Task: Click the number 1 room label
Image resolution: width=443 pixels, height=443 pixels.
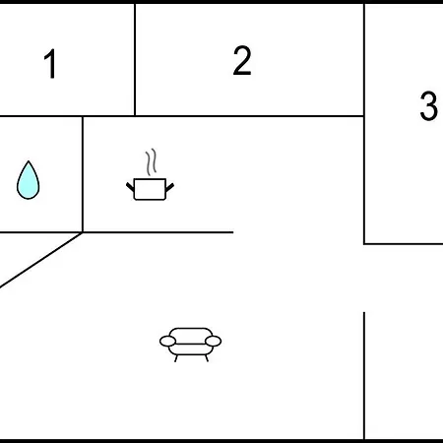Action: click(50, 64)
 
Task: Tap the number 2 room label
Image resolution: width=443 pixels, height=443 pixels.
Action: click(242, 60)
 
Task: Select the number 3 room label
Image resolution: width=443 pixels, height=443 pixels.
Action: click(429, 105)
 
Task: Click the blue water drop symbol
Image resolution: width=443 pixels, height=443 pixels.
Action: click(29, 180)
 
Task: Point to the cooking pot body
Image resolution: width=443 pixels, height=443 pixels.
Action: click(150, 189)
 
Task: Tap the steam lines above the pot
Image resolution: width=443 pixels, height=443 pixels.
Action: click(151, 161)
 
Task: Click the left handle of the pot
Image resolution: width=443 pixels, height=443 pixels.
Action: click(130, 187)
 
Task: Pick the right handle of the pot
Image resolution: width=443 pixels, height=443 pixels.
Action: click(169, 188)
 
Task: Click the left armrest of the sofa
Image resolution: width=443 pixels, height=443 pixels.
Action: click(167, 342)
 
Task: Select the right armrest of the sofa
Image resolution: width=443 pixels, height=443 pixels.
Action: click(214, 342)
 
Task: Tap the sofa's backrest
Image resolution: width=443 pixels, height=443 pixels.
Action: click(191, 336)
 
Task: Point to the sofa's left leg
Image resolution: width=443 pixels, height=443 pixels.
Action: click(176, 358)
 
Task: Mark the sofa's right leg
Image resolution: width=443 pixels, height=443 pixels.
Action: click(207, 358)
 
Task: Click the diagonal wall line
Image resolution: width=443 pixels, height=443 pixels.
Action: click(41, 260)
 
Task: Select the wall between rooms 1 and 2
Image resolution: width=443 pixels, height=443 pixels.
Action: click(135, 60)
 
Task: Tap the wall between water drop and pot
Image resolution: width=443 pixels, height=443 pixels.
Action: click(83, 174)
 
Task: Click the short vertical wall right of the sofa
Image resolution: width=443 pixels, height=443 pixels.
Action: click(364, 375)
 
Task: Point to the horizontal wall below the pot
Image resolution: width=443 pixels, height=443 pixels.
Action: click(158, 232)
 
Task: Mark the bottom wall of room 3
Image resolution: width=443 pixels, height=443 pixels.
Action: click(404, 244)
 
